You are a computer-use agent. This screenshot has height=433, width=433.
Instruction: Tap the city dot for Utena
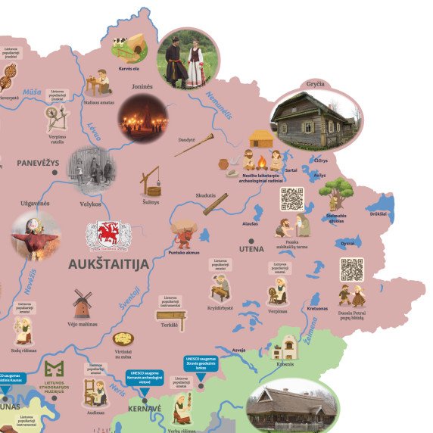coord(252,248)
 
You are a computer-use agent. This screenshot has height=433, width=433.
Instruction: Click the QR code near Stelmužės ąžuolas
coord(291,198)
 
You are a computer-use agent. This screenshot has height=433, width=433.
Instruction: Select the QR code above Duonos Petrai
coord(351,269)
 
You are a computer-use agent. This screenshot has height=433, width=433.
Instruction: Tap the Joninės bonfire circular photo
coord(142,118)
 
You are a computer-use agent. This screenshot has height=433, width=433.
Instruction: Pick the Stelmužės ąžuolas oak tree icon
coord(336,194)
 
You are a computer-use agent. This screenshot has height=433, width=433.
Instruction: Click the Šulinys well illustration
coord(151,182)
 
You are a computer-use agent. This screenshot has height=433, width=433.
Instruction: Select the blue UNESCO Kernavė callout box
coord(144,377)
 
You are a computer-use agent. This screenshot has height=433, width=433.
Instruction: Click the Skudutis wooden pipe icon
coord(214,204)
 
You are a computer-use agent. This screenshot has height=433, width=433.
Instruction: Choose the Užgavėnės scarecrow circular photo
coord(35,235)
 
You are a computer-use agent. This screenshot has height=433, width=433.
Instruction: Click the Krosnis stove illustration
coord(285,348)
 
